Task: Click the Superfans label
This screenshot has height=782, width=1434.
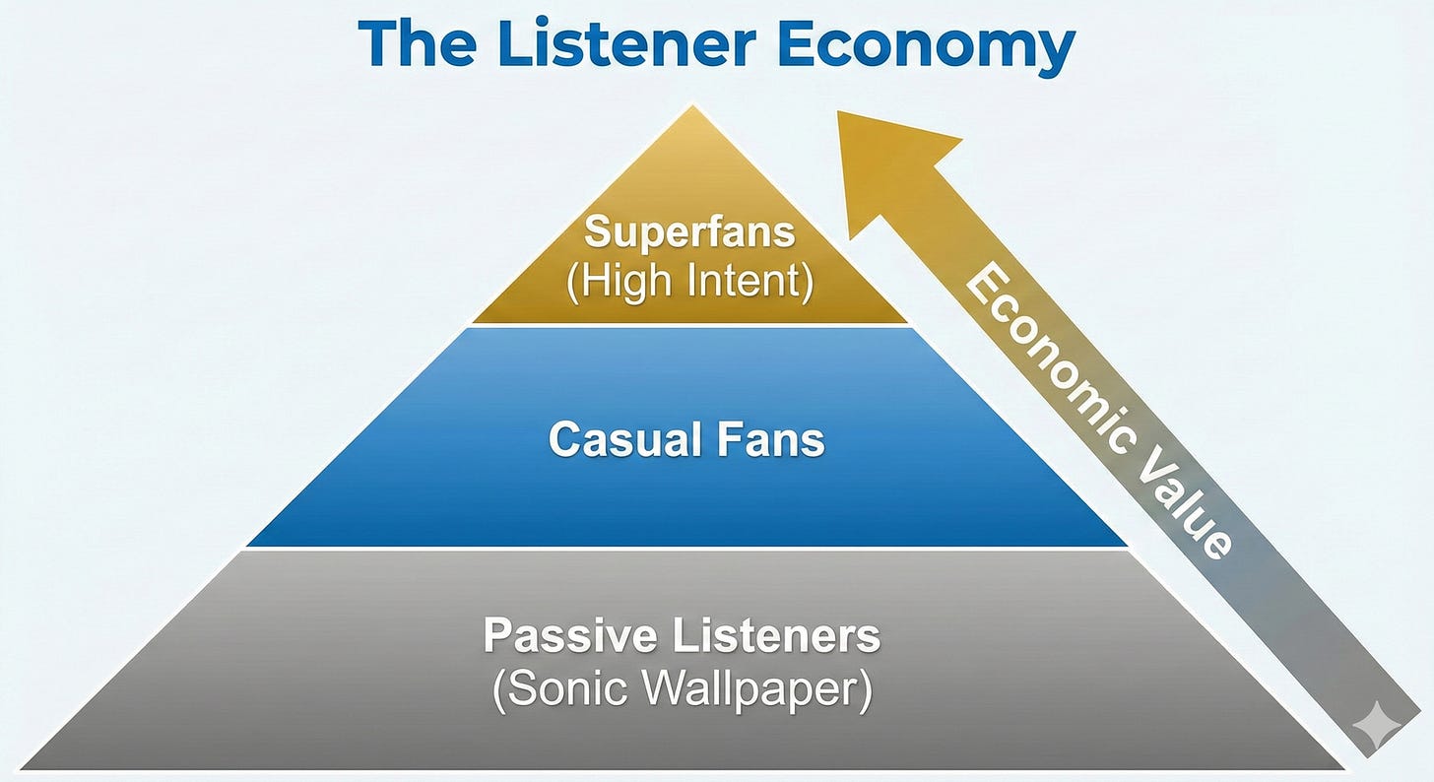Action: [x=689, y=233]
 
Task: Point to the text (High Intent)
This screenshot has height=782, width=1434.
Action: [x=689, y=281]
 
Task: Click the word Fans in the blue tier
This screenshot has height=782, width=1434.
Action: [x=771, y=439]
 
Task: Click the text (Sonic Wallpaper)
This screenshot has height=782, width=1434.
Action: [x=682, y=691]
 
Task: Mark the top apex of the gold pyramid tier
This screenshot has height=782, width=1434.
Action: [x=692, y=108]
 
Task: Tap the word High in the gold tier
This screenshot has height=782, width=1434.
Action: [x=622, y=281]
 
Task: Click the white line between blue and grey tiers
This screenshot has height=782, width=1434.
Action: [x=687, y=549]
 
